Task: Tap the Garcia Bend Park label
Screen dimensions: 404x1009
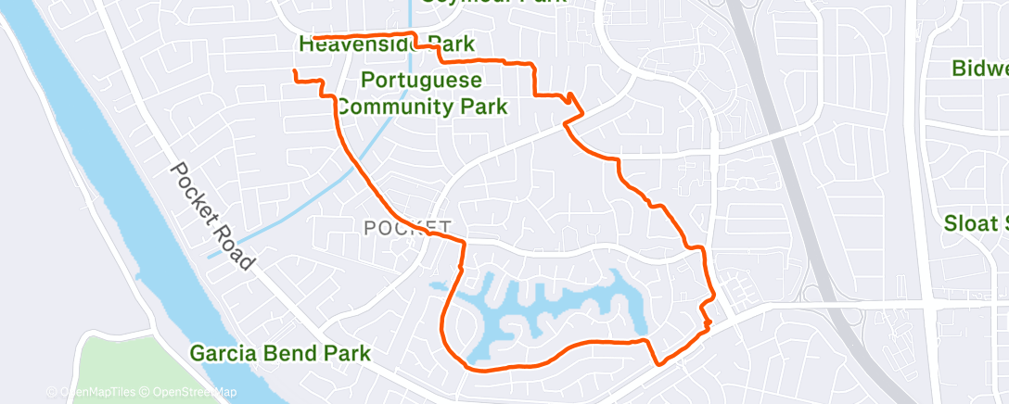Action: (x=280, y=353)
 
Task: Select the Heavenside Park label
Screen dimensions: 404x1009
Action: (x=387, y=44)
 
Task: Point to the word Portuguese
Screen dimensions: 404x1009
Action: (x=422, y=80)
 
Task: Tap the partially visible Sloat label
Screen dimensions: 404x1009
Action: (x=976, y=223)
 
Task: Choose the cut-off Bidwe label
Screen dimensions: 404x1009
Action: (x=980, y=69)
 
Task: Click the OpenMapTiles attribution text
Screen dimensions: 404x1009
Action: (x=96, y=392)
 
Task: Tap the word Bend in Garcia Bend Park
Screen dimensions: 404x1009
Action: (x=290, y=353)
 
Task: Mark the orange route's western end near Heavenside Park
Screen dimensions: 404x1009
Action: (x=314, y=38)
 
